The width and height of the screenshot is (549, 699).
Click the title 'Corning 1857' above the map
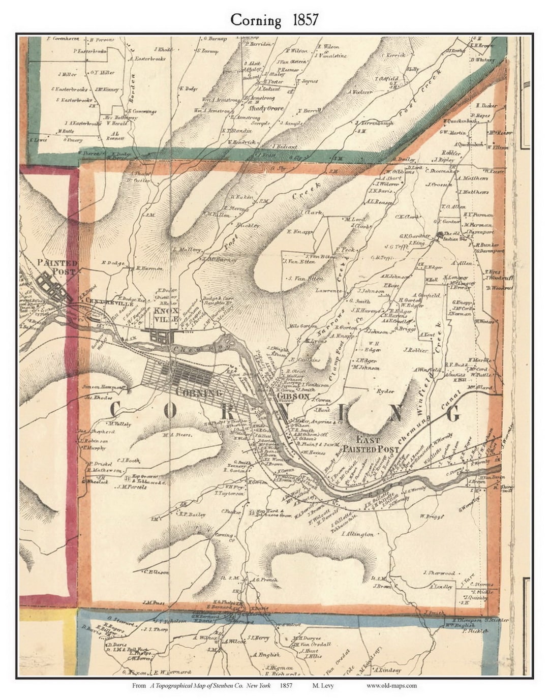coord(274,20)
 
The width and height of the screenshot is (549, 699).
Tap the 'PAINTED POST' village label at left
coord(57,267)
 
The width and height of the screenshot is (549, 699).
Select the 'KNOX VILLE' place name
coord(166,315)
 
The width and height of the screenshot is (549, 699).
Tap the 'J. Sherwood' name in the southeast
coord(439,573)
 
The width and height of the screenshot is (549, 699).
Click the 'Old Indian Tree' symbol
coord(440,234)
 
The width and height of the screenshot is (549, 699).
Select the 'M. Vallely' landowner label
coord(120,423)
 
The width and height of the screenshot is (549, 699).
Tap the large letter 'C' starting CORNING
coord(115,410)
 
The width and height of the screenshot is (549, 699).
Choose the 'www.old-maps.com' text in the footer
coord(391,685)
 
